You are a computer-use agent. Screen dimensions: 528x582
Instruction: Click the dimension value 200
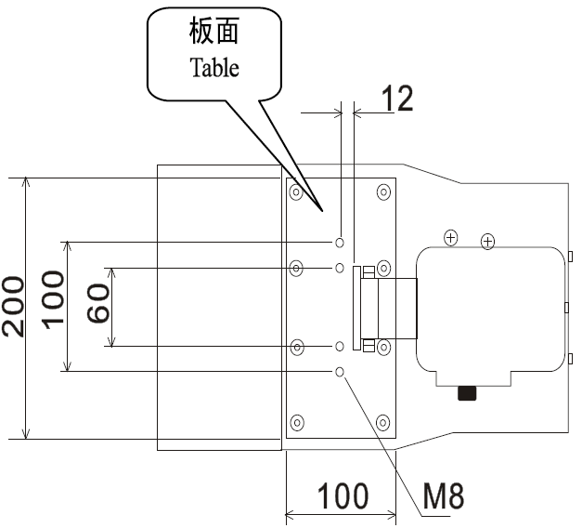[13, 307]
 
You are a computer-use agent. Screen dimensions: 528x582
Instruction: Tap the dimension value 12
[396, 99]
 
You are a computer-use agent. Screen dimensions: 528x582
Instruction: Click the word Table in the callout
[214, 67]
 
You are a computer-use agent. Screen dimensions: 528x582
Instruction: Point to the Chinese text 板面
[214, 33]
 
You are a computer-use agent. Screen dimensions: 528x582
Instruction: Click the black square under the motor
[467, 393]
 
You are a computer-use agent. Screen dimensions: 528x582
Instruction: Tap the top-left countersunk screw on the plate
[296, 193]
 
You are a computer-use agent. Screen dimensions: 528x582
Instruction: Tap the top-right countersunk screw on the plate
[382, 192]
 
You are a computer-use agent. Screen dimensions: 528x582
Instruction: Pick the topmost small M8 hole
[341, 243]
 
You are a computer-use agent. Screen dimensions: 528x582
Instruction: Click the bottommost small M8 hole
[341, 372]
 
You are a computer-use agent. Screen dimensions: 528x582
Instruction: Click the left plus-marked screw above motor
[450, 237]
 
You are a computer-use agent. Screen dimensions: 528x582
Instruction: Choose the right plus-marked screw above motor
[487, 242]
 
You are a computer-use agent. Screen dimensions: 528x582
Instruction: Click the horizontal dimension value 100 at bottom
[343, 496]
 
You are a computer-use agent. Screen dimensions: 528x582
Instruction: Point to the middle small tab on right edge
[570, 305]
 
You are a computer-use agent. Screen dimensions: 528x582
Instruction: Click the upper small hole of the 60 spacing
[341, 268]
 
